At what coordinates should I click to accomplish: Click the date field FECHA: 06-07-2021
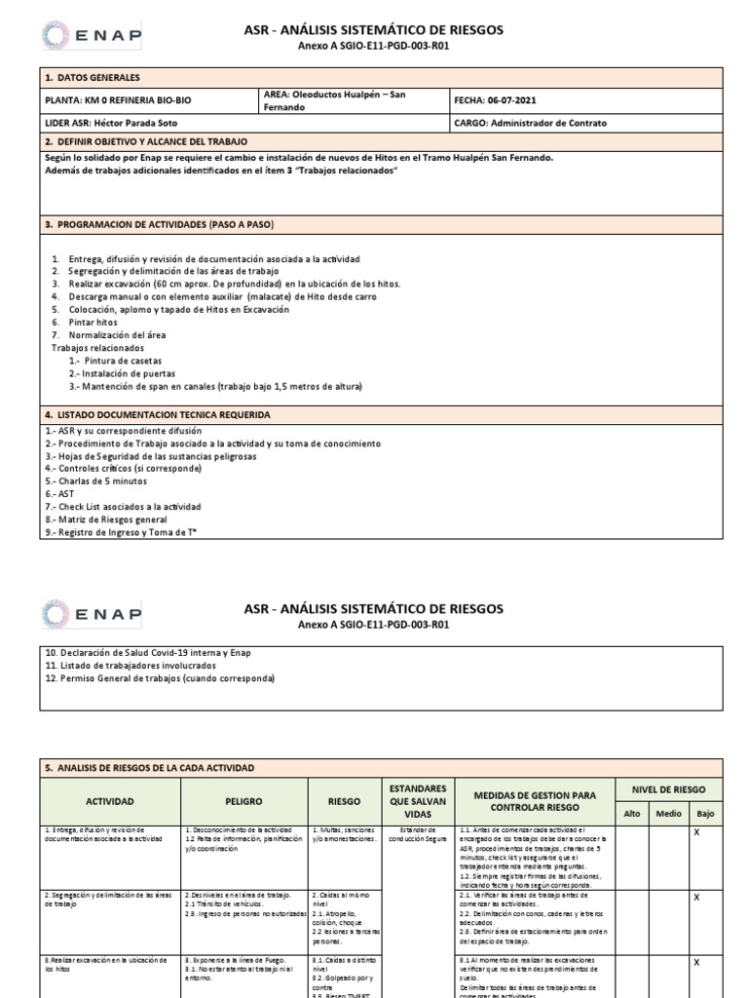[495, 100]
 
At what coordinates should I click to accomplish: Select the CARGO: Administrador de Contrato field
[530, 124]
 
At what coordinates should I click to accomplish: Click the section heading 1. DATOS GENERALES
[93, 77]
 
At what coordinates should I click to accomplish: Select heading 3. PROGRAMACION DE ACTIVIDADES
[161, 225]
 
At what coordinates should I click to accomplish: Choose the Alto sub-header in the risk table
[632, 812]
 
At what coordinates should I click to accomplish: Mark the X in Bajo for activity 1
[696, 832]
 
